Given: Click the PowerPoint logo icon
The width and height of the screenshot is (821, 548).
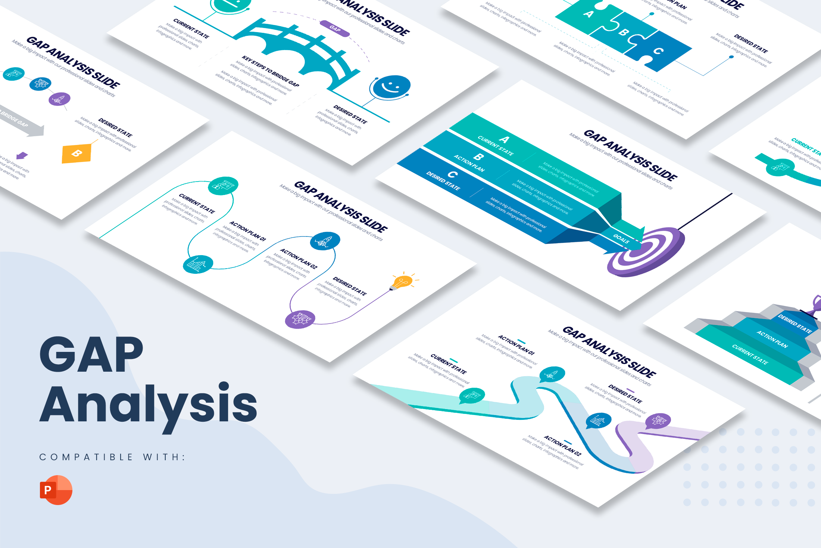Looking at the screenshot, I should click(56, 490).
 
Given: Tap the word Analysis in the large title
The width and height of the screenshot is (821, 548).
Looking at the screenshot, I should click(149, 405).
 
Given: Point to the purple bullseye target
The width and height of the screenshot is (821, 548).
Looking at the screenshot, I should click(646, 252).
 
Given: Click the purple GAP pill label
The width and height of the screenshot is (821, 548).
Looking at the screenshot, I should click(335, 29).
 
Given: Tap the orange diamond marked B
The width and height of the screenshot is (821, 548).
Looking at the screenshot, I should click(77, 153).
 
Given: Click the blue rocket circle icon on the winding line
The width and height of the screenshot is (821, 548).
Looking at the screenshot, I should click(325, 241).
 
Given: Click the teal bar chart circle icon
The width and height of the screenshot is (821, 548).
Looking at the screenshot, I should click(198, 264).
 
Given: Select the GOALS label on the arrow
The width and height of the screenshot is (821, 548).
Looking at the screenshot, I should click(621, 239).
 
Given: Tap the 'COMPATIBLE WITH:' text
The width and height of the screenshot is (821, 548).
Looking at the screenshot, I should click(112, 457).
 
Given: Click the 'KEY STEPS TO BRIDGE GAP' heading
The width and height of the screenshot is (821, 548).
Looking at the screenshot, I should click(270, 71).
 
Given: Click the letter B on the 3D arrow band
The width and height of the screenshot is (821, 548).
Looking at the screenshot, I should click(478, 157).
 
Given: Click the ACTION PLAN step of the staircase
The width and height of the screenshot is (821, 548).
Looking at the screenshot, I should click(772, 339).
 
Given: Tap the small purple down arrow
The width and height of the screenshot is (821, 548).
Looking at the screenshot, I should click(22, 155).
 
